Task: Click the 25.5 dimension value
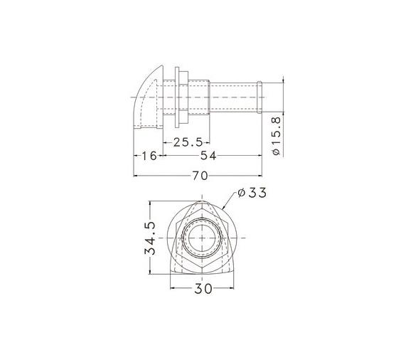188,142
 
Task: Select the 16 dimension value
149,156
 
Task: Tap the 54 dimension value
208,156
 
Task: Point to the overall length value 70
200,176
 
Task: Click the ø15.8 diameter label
277,136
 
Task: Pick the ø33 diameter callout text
252,193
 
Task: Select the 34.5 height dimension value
150,238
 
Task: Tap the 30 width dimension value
203,288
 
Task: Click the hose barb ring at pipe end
259,97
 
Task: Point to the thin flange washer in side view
177,97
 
